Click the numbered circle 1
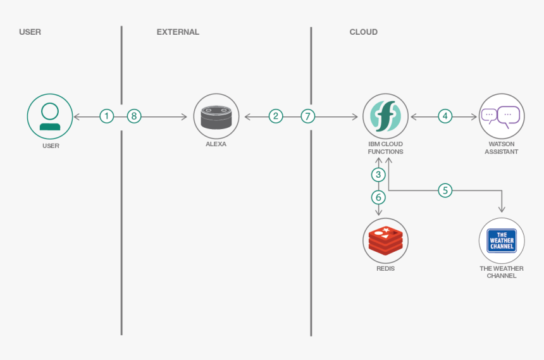click(107, 116)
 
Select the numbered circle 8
click(134, 116)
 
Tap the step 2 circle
click(275, 116)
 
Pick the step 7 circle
click(308, 116)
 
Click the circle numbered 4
click(445, 116)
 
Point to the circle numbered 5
click(445, 190)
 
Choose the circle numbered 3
click(378, 175)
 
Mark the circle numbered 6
click(378, 197)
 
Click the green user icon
click(50, 116)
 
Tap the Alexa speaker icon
click(216, 116)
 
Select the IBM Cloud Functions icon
click(385, 116)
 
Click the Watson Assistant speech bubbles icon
click(501, 116)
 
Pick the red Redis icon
click(385, 240)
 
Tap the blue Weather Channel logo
click(501, 240)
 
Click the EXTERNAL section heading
click(178, 32)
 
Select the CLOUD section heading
click(363, 32)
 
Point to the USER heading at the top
click(30, 32)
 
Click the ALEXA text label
click(216, 144)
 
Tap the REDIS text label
click(385, 269)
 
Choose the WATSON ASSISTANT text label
click(501, 148)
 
